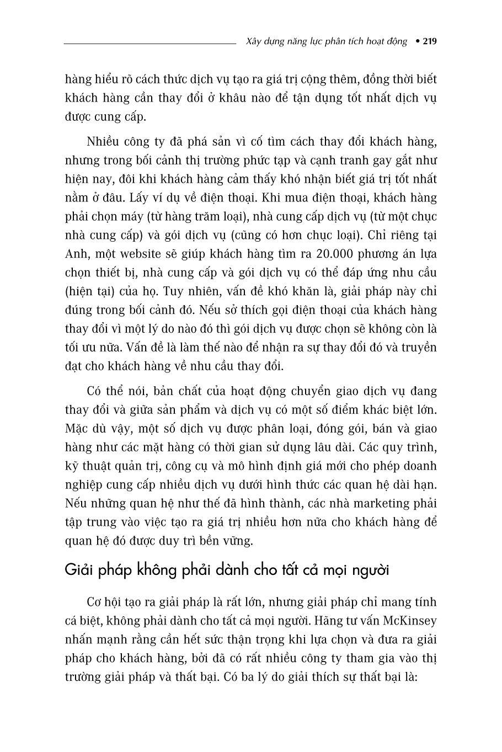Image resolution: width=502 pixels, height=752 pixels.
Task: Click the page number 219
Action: pyautogui.click(x=430, y=41)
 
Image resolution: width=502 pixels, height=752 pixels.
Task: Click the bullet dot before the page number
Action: pyautogui.click(x=417, y=41)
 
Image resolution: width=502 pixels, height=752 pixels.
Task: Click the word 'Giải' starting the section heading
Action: pyautogui.click(x=78, y=570)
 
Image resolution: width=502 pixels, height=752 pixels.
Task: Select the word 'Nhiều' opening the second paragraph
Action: pyautogui.click(x=104, y=141)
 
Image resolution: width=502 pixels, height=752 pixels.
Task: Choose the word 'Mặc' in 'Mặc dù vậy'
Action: pyautogui.click(x=76, y=429)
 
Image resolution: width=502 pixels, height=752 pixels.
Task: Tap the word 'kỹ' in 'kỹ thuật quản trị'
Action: pyautogui.click(x=71, y=466)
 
